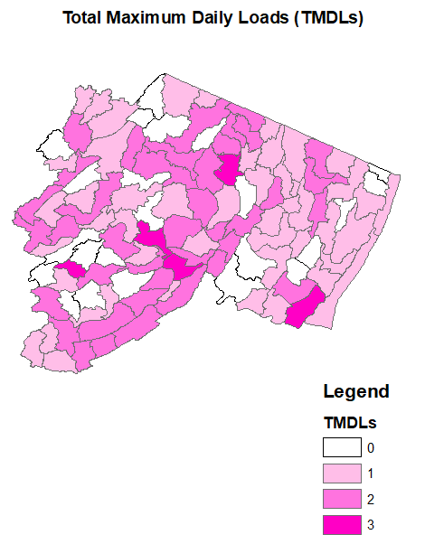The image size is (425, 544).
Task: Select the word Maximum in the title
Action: pyautogui.click(x=149, y=18)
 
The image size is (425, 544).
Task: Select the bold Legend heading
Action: pyautogui.click(x=356, y=392)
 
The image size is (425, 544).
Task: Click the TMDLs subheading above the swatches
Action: pyautogui.click(x=350, y=422)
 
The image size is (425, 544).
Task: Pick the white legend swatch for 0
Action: pyautogui.click(x=343, y=447)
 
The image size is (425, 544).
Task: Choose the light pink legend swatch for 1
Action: pyautogui.click(x=343, y=473)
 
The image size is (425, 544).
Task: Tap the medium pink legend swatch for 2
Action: pyautogui.click(x=343, y=498)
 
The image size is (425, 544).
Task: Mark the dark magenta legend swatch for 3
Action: pyautogui.click(x=343, y=523)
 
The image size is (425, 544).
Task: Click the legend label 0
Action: pyautogui.click(x=370, y=447)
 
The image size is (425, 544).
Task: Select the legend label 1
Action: pyautogui.click(x=370, y=473)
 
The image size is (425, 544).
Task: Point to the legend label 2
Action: pyautogui.click(x=370, y=498)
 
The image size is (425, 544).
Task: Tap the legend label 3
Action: pyautogui.click(x=370, y=523)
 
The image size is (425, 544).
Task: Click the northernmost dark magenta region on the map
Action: pyautogui.click(x=228, y=168)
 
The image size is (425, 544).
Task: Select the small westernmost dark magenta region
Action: pyautogui.click(x=72, y=268)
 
